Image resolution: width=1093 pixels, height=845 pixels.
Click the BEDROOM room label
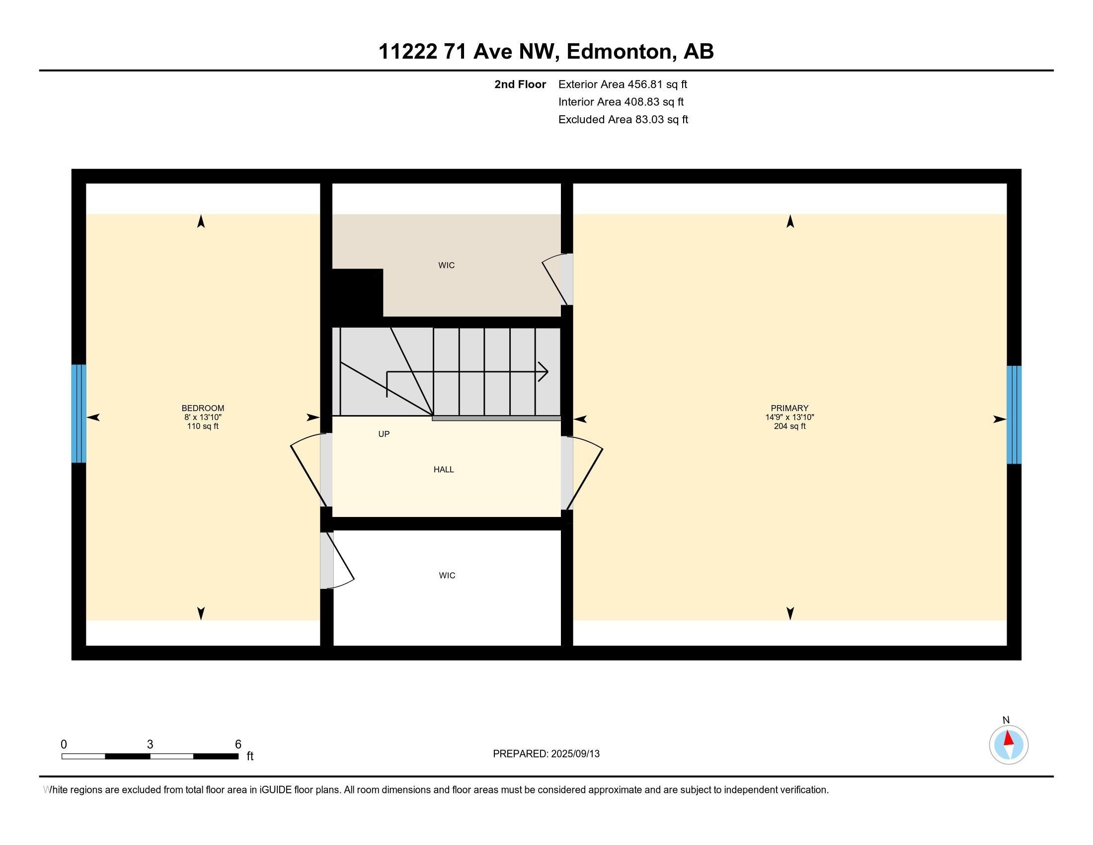point(203,408)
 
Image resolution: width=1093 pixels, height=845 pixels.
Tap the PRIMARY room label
point(789,408)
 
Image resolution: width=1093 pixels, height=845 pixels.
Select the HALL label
point(443,470)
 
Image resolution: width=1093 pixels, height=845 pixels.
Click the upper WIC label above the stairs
point(447,265)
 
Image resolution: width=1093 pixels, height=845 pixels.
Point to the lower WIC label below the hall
point(447,576)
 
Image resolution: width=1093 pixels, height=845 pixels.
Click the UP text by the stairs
point(384,434)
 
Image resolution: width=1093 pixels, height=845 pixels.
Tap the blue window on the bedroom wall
point(78,414)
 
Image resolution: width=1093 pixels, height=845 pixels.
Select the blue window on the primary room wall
point(1014,415)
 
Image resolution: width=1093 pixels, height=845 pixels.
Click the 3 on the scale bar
point(150,745)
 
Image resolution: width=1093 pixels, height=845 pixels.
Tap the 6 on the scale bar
point(238,745)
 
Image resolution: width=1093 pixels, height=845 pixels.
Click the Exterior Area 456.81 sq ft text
point(623,84)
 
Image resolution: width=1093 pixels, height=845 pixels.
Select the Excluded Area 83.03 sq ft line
point(623,120)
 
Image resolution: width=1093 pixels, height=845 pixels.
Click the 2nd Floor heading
point(520,84)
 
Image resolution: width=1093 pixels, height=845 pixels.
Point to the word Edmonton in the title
point(619,52)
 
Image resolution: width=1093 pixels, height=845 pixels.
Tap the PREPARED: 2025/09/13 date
point(546,754)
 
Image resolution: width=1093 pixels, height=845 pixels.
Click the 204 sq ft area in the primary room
point(789,426)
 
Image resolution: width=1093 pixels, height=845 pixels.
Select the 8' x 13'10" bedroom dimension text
point(203,417)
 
